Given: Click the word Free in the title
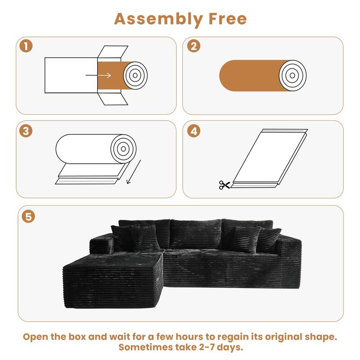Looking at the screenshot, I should point(227,19).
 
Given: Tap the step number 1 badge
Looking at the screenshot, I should point(27,46).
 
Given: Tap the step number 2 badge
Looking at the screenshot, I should point(194,46).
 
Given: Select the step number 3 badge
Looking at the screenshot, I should point(27,130).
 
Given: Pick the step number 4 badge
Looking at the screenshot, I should point(194,130).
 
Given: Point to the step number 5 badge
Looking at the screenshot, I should point(28,216).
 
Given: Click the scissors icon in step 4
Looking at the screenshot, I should point(224,184).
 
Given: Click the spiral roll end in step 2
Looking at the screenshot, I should point(292,74).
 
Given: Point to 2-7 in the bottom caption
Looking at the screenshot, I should point(207,347).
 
